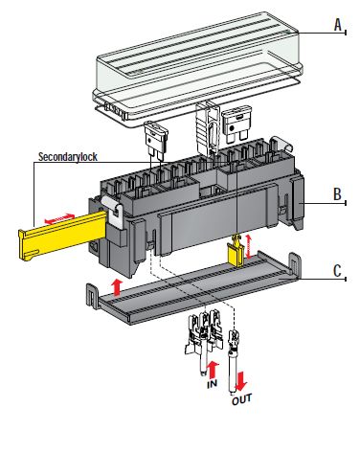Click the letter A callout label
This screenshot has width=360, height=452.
tap(338, 25)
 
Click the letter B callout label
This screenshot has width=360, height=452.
tap(337, 194)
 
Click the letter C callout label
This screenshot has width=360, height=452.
tap(337, 271)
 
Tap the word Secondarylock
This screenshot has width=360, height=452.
tap(68, 157)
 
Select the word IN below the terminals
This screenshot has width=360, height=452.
tap(212, 383)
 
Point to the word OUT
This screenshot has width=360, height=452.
tap(241, 399)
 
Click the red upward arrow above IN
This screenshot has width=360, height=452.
tap(213, 370)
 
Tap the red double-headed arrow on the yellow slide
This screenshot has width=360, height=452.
tap(59, 218)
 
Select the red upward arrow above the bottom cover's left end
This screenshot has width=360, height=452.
tap(117, 286)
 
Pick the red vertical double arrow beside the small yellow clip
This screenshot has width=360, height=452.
tap(249, 246)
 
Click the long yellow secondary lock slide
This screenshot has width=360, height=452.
tap(62, 235)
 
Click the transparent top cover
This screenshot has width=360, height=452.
tap(198, 69)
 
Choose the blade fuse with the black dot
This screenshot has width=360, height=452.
tap(236, 124)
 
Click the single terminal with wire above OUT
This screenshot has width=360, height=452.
tap(234, 361)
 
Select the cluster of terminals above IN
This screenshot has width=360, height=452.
tap(203, 342)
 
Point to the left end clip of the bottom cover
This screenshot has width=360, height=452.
tap(93, 295)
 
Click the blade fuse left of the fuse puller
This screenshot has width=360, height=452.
tap(156, 141)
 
